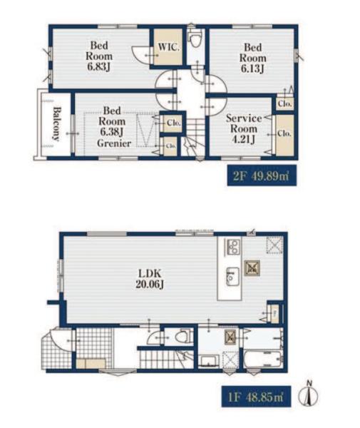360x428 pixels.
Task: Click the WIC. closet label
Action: [x=169, y=47]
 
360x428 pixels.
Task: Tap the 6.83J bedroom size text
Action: [x=98, y=66]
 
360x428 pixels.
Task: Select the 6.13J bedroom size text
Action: [x=252, y=68]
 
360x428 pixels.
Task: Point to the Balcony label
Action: [x=57, y=123]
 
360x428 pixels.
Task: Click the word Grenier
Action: [x=114, y=143]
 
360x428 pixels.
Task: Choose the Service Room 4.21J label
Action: [x=244, y=128]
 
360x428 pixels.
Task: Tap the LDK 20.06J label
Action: [x=150, y=279]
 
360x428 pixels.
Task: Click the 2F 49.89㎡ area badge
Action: [x=262, y=175]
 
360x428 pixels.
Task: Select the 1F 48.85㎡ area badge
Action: [x=256, y=397]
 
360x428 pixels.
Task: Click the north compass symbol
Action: [x=309, y=394]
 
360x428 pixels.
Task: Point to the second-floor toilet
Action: [x=195, y=39]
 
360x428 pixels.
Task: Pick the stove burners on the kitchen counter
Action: [x=232, y=247]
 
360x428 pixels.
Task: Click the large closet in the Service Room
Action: [x=284, y=135]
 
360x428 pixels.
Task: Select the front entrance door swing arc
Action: [x=58, y=341]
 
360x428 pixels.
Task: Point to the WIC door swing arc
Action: [x=140, y=56]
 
